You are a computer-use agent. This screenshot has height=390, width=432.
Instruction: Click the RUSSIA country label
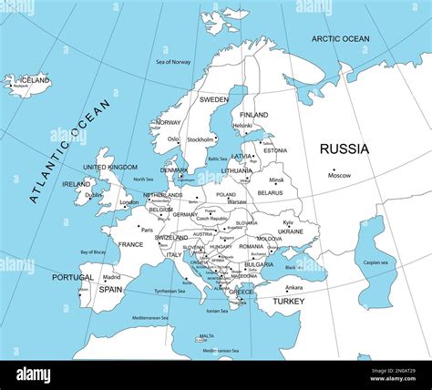(x=344, y=149)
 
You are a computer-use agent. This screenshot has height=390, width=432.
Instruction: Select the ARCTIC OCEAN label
(x=340, y=38)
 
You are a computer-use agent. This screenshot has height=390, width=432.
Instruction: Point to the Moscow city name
(x=339, y=175)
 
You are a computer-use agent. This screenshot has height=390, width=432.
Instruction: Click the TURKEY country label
(x=288, y=301)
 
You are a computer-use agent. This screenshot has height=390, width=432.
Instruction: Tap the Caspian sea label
(x=375, y=262)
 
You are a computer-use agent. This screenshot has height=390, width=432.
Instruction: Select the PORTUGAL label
(x=72, y=278)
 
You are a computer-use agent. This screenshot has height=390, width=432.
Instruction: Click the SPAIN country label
(x=110, y=290)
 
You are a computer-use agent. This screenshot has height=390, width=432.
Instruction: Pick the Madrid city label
(x=111, y=277)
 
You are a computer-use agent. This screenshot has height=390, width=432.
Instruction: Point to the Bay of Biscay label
(x=93, y=251)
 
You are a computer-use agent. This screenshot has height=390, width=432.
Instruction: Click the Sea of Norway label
(x=173, y=61)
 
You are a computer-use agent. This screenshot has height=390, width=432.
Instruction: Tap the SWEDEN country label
(x=213, y=99)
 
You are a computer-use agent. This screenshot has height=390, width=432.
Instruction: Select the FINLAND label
(x=253, y=115)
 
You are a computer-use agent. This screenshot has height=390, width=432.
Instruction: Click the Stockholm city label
(x=201, y=139)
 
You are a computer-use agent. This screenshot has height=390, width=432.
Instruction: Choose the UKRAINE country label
(x=290, y=231)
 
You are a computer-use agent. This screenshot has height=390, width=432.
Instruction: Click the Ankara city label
(x=293, y=288)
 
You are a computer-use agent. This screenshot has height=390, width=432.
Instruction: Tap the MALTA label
(x=207, y=335)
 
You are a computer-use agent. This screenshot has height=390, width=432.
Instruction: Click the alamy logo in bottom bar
(x=34, y=375)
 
